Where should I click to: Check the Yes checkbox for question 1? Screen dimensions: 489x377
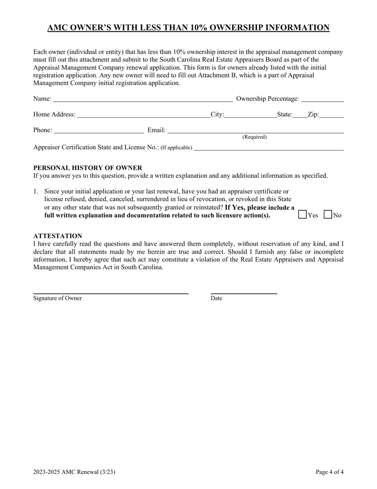303,215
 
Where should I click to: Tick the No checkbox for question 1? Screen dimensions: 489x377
328,215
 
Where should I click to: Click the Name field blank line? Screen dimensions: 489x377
142,99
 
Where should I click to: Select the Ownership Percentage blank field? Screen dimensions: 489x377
322,99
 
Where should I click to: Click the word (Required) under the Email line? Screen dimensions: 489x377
254,137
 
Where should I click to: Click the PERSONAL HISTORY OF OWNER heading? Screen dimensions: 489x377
88,168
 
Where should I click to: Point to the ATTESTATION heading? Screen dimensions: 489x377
58,236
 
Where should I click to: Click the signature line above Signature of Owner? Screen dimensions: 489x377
111,293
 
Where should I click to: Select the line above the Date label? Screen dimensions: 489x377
244,293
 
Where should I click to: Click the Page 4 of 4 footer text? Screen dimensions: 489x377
329,472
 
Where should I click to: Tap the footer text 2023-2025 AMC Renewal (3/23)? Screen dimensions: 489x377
74,472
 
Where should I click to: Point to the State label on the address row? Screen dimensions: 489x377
285,114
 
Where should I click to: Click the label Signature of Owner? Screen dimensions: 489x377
58,298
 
